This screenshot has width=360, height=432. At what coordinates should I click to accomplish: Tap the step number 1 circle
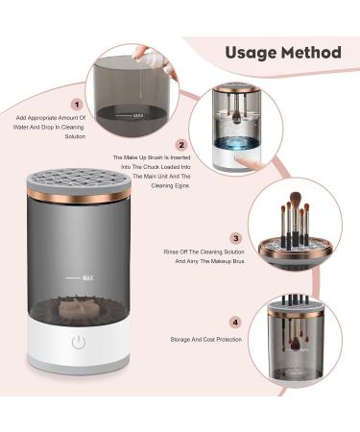click(x=76, y=103)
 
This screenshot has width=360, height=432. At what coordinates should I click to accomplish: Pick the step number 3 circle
click(x=235, y=237)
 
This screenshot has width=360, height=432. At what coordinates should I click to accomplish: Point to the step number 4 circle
click(x=235, y=324)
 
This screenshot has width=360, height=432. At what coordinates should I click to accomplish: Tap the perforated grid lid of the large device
click(x=84, y=177)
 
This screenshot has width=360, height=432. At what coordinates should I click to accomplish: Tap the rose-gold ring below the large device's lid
click(x=84, y=198)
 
